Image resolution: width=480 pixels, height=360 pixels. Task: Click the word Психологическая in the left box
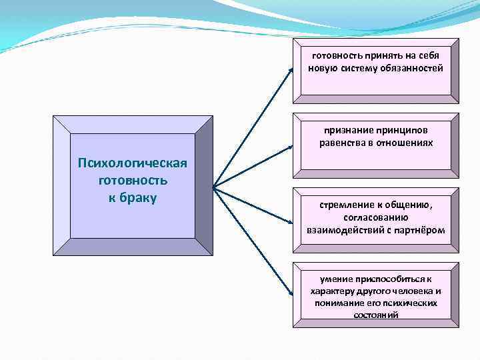pyautogui.click(x=133, y=164)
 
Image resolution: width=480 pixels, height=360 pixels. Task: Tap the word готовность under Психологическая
pyautogui.click(x=132, y=181)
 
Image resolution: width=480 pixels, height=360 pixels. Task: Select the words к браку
pyautogui.click(x=132, y=198)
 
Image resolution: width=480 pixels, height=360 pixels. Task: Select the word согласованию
pyautogui.click(x=376, y=218)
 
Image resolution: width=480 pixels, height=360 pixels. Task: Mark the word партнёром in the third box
pyautogui.click(x=421, y=229)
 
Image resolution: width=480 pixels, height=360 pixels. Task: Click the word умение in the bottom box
pyautogui.click(x=337, y=279)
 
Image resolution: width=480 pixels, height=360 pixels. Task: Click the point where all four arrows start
pyautogui.click(x=213, y=187)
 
